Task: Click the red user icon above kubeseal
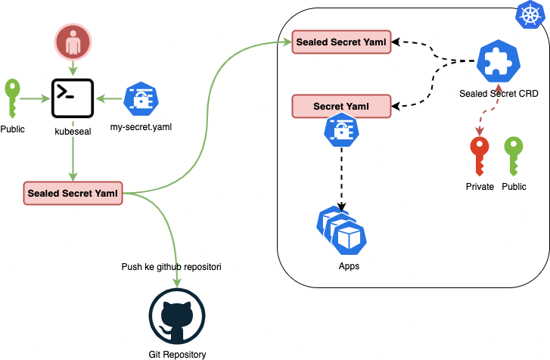click(73, 42)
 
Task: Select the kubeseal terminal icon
click(73, 98)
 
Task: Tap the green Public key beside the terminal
click(12, 98)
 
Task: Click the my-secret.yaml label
click(141, 127)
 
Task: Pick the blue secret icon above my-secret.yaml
click(141, 99)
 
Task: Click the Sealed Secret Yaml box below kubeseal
click(73, 193)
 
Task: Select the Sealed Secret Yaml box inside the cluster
click(341, 42)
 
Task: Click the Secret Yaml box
click(341, 106)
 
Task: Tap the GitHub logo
click(177, 317)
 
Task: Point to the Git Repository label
click(177, 355)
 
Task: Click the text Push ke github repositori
click(171, 267)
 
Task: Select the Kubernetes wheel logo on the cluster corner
click(530, 14)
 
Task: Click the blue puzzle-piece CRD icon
click(499, 61)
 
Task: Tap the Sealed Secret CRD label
click(499, 94)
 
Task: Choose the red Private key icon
click(480, 156)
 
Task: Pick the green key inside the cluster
click(514, 156)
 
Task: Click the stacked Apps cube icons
click(341, 231)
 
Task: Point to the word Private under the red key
click(480, 187)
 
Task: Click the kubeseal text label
click(73, 132)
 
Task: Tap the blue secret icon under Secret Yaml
click(341, 129)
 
